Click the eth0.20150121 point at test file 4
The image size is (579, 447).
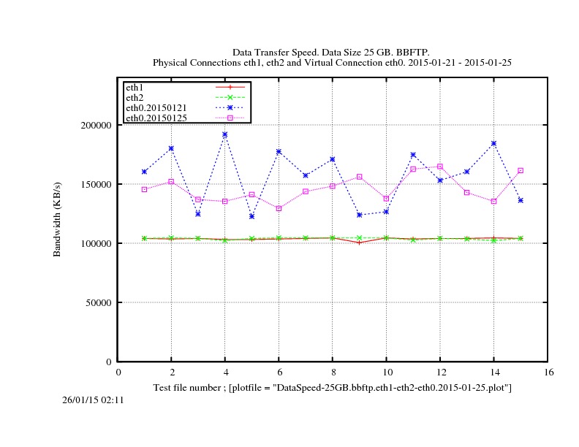225,134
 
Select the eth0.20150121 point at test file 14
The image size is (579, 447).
493,143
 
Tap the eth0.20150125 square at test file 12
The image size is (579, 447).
440,167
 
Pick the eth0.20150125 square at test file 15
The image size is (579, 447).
521,170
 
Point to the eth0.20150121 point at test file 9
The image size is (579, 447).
360,215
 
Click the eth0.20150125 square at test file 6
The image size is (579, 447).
279,208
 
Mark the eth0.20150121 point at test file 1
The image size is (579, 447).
145,172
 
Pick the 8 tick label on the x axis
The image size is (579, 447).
333,372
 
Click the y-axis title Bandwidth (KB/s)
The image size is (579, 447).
56,218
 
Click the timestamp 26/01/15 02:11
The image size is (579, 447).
93,400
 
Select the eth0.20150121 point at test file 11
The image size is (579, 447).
413,155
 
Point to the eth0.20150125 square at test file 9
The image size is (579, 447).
360,177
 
